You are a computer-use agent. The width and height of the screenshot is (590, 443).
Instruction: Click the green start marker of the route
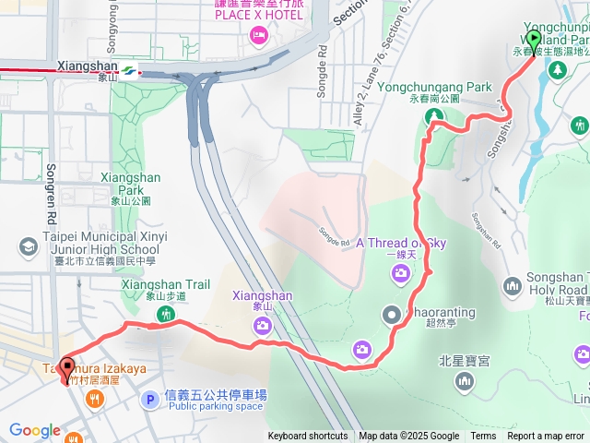point(533,40)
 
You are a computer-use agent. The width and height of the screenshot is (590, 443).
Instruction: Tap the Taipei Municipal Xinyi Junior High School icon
point(27,245)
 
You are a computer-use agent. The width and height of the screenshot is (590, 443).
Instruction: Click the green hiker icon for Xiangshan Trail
point(166,315)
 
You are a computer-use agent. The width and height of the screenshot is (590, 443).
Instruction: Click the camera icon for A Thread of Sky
point(400,272)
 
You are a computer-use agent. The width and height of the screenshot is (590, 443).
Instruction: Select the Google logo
point(34,431)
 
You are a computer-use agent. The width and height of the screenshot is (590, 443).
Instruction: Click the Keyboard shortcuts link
point(308,437)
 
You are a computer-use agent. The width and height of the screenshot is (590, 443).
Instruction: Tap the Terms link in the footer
point(483,437)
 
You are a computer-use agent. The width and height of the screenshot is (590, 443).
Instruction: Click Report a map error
point(546,437)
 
